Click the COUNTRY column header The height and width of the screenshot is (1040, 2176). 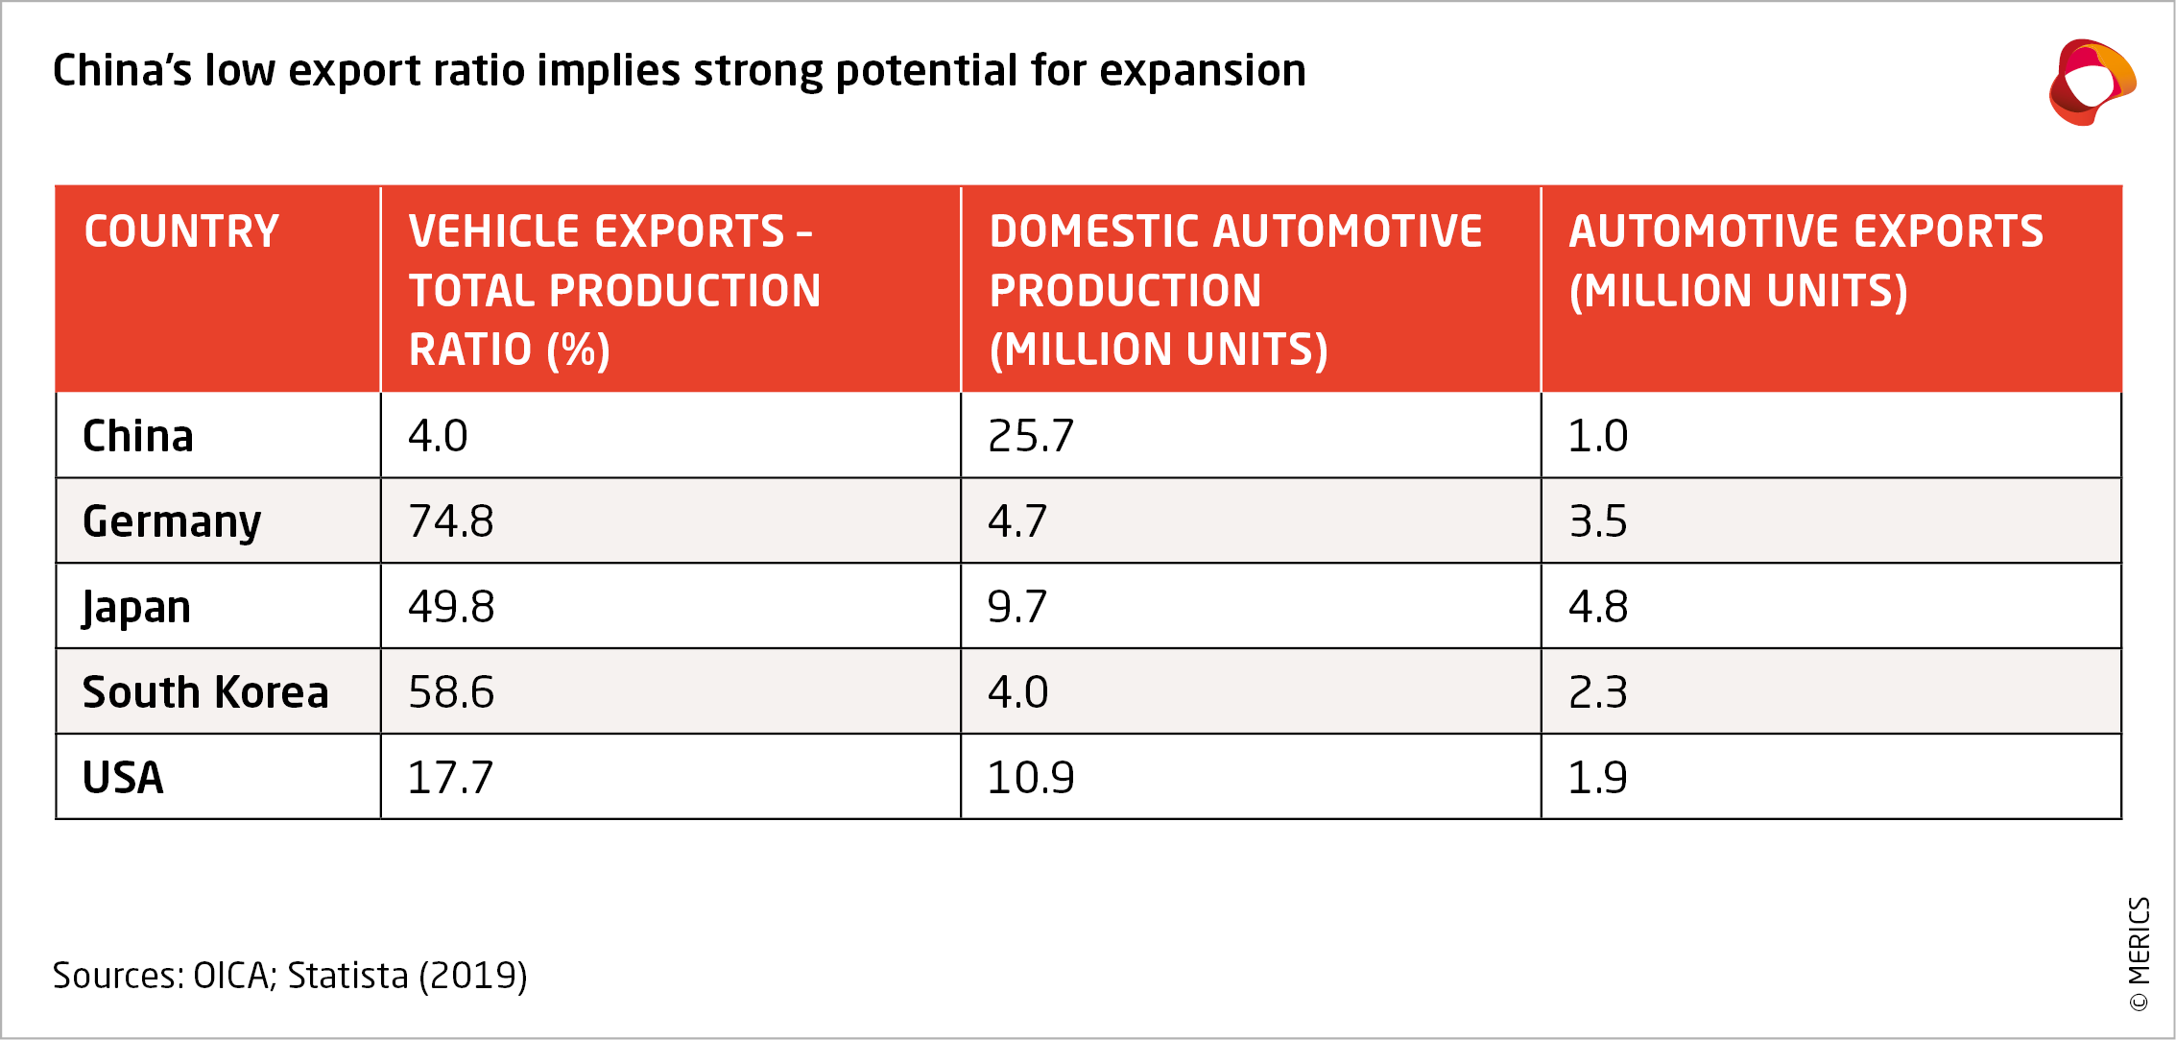181,231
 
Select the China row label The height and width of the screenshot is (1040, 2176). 138,436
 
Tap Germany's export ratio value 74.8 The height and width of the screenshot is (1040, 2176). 450,521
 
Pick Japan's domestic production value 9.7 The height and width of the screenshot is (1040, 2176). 1016,607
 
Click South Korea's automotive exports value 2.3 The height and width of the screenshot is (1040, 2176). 1597,692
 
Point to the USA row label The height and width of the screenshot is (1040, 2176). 123,778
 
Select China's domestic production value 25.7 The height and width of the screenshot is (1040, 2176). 1030,436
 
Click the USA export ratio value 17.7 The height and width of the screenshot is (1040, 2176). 449,778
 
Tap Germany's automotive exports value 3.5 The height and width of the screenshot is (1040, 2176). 1597,521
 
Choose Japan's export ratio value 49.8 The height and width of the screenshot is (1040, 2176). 450,607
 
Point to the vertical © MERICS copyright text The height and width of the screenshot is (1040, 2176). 2139,954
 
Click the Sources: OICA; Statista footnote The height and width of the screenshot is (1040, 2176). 290,976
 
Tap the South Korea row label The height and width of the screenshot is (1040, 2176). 205,692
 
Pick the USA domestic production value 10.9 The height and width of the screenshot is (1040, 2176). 1030,778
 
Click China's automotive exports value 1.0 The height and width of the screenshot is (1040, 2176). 1597,436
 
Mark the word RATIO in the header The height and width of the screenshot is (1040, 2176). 470,350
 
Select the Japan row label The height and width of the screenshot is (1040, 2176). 136,607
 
